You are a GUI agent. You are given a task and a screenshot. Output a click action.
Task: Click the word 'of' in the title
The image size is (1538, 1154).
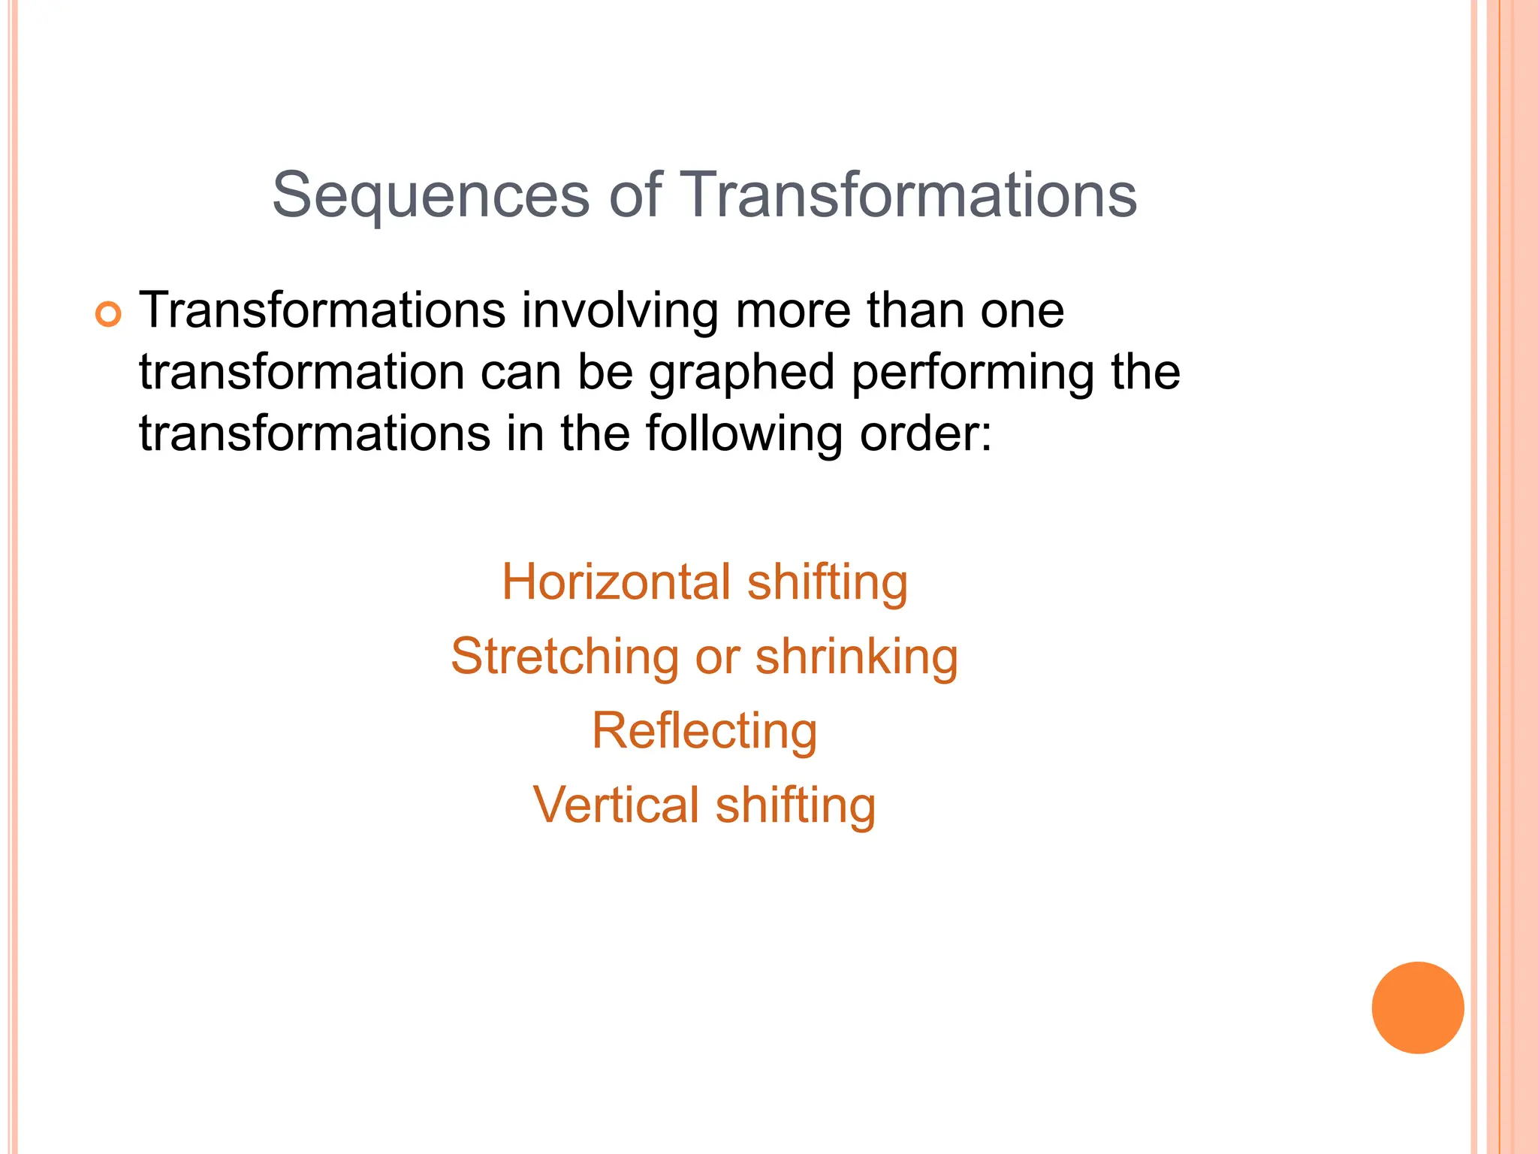[635, 195]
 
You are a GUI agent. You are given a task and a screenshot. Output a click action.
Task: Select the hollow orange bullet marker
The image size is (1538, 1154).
[108, 314]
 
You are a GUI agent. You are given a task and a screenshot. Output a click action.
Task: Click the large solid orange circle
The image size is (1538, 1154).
[1417, 1007]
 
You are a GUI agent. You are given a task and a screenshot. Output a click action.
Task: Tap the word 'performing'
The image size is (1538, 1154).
[973, 373]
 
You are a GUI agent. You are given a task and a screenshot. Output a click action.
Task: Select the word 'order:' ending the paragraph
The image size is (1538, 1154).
[925, 435]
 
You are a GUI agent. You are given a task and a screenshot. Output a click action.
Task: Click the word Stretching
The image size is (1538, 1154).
[564, 657]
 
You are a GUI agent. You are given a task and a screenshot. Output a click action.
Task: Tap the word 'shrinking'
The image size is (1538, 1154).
[856, 657]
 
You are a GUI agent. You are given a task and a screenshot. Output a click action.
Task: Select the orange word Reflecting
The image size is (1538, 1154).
[704, 731]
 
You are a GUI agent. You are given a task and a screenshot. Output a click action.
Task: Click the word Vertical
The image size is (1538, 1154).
[615, 805]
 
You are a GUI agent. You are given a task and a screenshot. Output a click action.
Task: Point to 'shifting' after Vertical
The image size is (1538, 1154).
[795, 805]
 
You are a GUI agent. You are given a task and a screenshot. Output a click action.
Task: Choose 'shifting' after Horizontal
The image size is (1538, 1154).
[827, 582]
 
